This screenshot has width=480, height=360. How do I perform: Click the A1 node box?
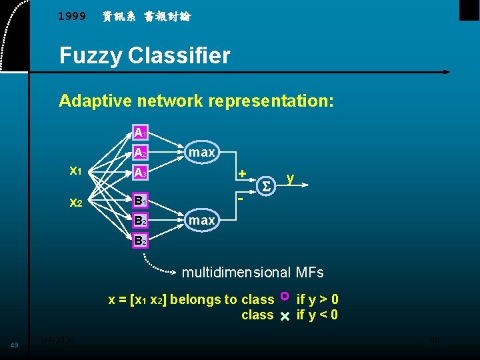coord(140,133)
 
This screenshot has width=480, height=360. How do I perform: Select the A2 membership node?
coord(140,153)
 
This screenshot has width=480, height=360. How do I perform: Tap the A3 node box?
coord(140,173)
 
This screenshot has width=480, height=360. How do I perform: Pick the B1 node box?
coord(140,200)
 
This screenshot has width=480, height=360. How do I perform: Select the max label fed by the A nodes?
coord(201,153)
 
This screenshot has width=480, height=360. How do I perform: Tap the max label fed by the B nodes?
coord(201,219)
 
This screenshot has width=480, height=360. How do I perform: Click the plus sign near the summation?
coord(243,173)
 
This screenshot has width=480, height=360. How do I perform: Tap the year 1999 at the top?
coord(72,16)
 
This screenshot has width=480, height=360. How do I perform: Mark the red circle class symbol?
coord(285,295)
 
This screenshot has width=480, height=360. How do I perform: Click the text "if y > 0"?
coord(317,299)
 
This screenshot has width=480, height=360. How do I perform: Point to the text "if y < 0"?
coord(317,315)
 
